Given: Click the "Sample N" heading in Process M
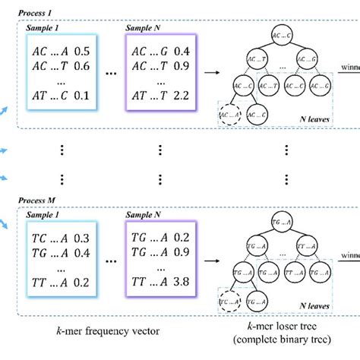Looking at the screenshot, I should tap(146, 216).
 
